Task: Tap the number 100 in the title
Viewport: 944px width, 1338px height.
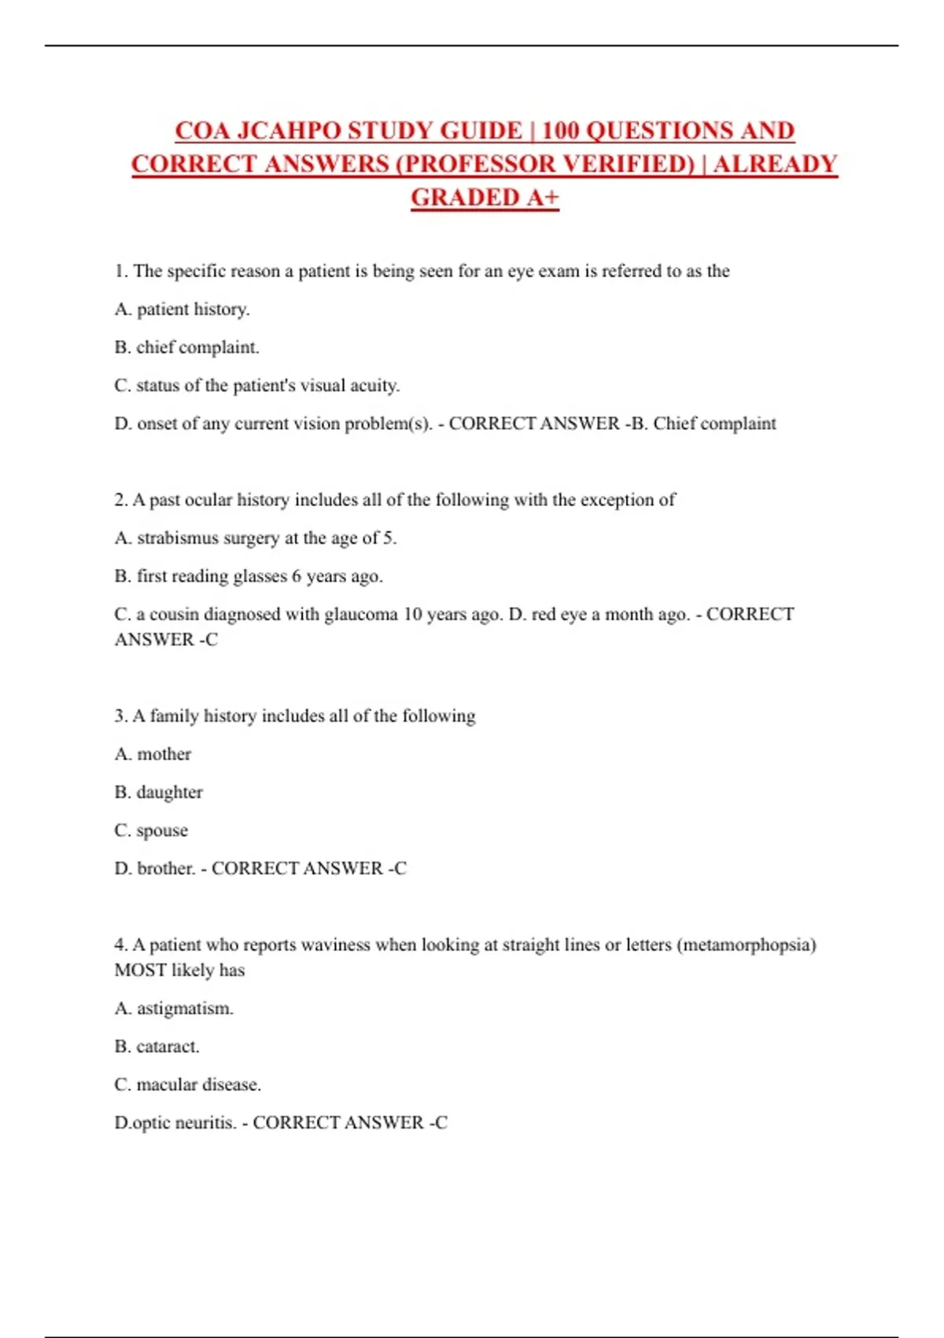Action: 560,131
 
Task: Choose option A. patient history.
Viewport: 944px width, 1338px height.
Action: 182,309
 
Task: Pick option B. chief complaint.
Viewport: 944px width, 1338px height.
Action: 186,347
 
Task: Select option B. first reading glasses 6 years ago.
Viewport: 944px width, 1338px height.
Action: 249,576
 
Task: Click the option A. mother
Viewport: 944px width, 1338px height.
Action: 153,754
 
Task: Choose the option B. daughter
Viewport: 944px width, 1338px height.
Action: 158,792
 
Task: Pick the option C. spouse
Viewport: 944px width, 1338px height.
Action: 151,830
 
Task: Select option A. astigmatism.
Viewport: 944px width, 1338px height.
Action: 174,1008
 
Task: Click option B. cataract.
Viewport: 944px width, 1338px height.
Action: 157,1047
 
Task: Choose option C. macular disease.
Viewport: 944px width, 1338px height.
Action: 187,1085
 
